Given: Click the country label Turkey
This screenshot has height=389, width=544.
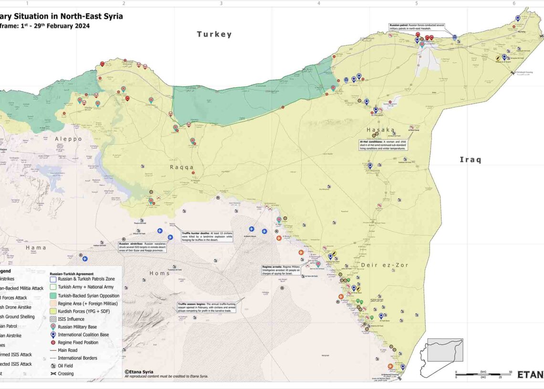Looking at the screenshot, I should [215, 34].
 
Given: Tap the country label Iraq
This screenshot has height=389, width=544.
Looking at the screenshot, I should [470, 159].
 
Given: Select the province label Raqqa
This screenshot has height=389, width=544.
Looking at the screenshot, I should [182, 167].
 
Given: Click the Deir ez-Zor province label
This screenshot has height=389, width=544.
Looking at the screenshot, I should [385, 265].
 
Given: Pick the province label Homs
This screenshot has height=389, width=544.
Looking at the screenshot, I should [160, 273].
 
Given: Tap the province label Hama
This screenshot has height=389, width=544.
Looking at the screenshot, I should [36, 247].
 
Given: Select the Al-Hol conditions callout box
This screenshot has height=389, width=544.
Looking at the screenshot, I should [383, 145].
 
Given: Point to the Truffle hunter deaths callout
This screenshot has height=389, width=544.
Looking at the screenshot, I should [206, 236].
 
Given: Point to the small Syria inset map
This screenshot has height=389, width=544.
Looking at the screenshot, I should [439, 352].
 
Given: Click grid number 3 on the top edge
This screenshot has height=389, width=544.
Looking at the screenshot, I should [221, 3].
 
